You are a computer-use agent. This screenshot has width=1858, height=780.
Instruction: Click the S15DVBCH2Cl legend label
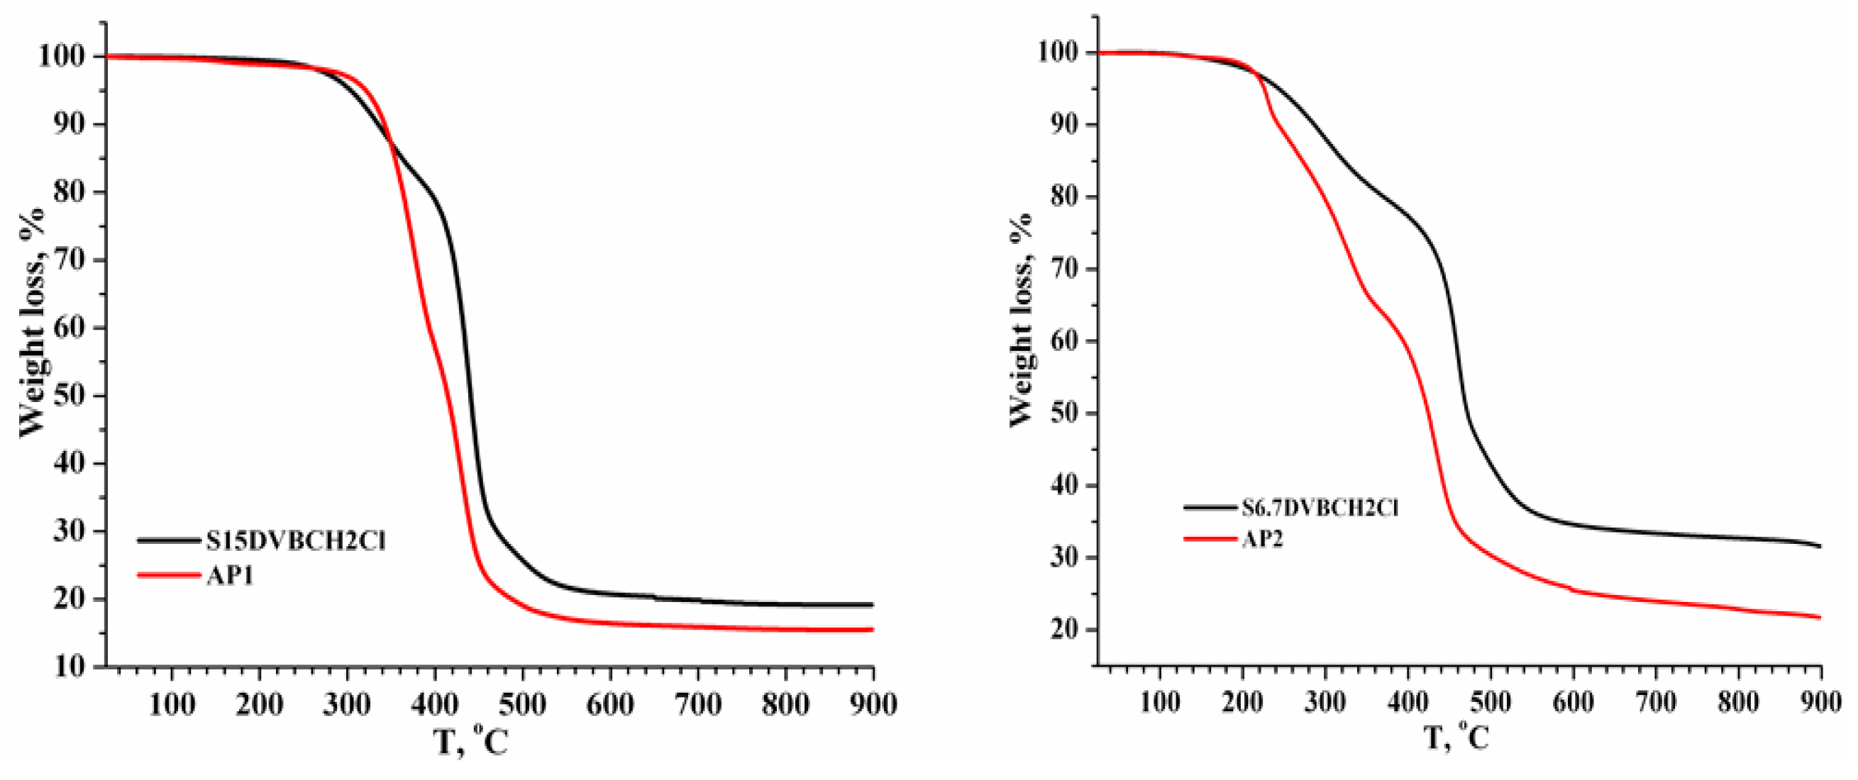296,540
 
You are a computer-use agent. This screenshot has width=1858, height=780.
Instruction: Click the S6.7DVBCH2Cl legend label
1320,508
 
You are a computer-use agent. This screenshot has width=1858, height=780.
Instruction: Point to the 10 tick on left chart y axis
70,666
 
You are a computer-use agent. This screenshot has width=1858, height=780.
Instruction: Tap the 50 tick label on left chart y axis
70,395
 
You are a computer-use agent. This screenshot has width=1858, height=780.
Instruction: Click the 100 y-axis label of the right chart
1060,52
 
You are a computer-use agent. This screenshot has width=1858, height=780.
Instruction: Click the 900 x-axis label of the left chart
872,703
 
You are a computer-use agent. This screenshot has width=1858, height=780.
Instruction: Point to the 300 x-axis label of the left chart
347,703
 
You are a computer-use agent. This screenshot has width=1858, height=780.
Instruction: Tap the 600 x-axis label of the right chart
1572,701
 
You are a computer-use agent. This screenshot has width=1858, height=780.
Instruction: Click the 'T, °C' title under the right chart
1457,738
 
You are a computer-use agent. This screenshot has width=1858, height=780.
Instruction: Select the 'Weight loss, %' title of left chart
33,321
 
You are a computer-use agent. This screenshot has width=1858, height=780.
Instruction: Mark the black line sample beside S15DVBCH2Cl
167,540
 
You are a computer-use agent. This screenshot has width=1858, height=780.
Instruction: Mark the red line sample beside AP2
1209,538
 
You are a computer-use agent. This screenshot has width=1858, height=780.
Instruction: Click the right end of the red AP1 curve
872,630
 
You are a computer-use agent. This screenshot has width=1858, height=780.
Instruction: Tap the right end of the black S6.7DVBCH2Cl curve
1820,546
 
